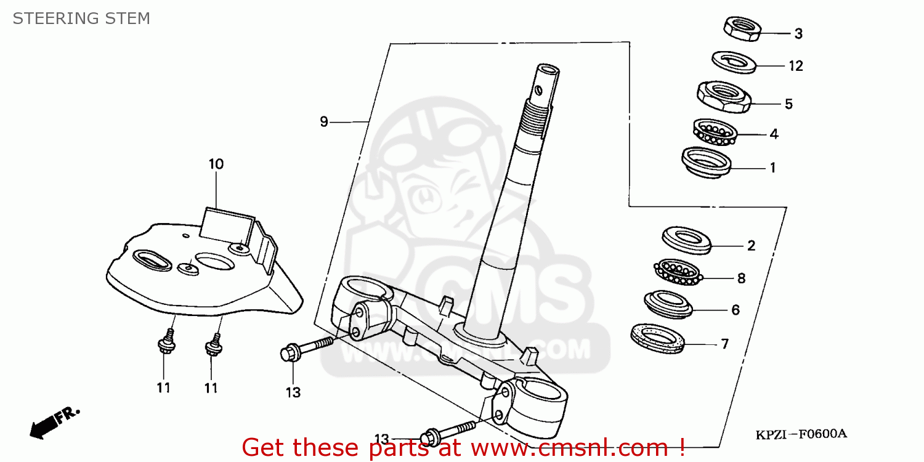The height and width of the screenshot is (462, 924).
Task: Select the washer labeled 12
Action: (732, 62)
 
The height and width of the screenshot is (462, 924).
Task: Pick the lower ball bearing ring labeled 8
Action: (677, 272)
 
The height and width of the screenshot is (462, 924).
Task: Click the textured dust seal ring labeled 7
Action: (657, 338)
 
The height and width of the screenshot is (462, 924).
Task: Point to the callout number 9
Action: (324, 122)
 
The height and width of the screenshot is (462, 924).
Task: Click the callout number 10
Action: (216, 164)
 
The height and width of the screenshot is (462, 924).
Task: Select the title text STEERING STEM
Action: (81, 18)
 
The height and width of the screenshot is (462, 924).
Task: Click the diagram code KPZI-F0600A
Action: (801, 434)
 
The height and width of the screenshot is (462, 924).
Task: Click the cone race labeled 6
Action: (668, 304)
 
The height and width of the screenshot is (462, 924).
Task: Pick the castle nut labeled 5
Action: (723, 97)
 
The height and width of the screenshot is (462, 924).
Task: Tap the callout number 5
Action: (788, 103)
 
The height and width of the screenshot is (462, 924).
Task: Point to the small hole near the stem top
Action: (539, 90)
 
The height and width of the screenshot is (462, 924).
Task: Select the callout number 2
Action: (751, 246)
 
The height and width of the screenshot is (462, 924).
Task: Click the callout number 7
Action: (725, 344)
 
